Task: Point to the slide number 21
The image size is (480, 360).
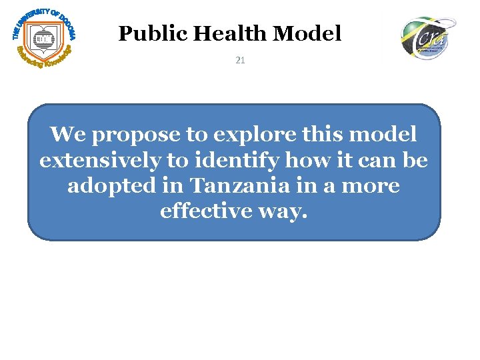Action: click(240, 61)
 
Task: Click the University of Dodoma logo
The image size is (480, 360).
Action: click(44, 37)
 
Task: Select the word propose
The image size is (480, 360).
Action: click(137, 135)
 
